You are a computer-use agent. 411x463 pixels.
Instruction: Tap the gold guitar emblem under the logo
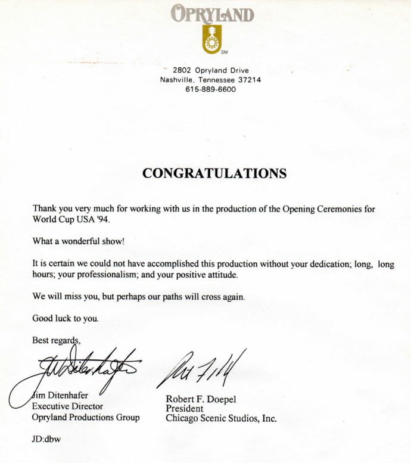click(x=208, y=39)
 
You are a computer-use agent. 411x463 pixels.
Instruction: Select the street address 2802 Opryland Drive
click(x=211, y=70)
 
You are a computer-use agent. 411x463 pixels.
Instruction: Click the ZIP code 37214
click(x=249, y=79)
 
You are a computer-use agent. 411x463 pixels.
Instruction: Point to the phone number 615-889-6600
click(x=210, y=89)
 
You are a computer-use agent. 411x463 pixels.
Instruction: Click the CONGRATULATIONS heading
click(x=214, y=173)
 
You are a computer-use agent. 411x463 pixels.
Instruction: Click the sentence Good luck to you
click(x=66, y=318)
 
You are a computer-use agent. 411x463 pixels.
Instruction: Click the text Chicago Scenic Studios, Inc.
click(x=221, y=418)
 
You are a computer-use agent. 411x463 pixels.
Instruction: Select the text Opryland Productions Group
click(x=85, y=417)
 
